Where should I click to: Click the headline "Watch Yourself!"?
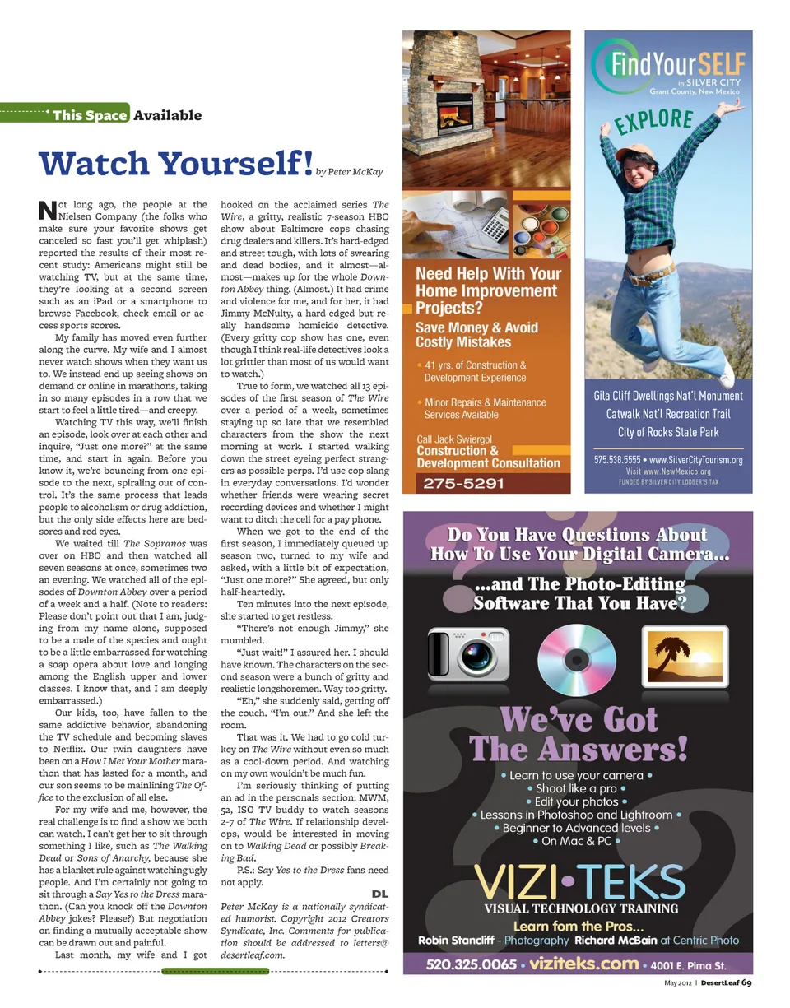(175, 163)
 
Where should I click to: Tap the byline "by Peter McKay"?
(350, 172)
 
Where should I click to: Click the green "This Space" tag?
(89, 114)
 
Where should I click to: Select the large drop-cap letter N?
(47, 210)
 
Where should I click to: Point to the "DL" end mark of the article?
(379, 894)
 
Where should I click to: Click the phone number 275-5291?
(463, 483)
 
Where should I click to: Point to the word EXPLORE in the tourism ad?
(654, 120)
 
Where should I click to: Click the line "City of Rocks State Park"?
(668, 432)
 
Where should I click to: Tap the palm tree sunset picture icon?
(684, 657)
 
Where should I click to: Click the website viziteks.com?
(583, 964)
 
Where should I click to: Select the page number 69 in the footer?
(746, 982)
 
